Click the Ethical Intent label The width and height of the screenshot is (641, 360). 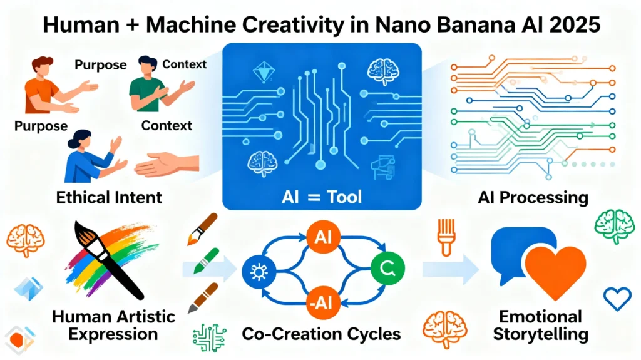(x=109, y=197)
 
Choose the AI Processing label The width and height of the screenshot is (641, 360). (x=534, y=197)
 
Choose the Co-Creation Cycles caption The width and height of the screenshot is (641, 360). (x=320, y=333)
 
